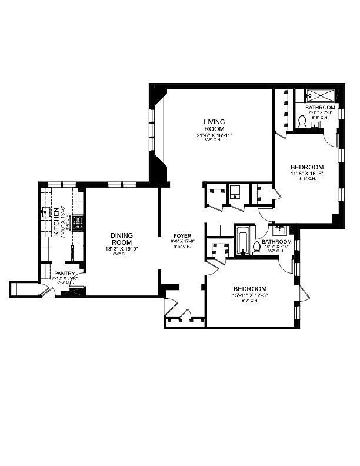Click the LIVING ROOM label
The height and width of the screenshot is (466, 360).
tap(211, 126)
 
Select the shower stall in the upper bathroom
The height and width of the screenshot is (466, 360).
tap(320, 97)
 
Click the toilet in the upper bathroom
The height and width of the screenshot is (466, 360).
tap(302, 122)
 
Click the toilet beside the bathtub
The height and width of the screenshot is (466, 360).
tap(256, 247)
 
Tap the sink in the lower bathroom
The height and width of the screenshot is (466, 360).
tap(279, 231)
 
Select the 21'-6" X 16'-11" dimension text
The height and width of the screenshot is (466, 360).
tap(211, 135)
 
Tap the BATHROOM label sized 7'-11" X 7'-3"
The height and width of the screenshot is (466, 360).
tap(320, 108)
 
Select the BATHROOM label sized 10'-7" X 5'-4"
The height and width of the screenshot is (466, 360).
tap(276, 242)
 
